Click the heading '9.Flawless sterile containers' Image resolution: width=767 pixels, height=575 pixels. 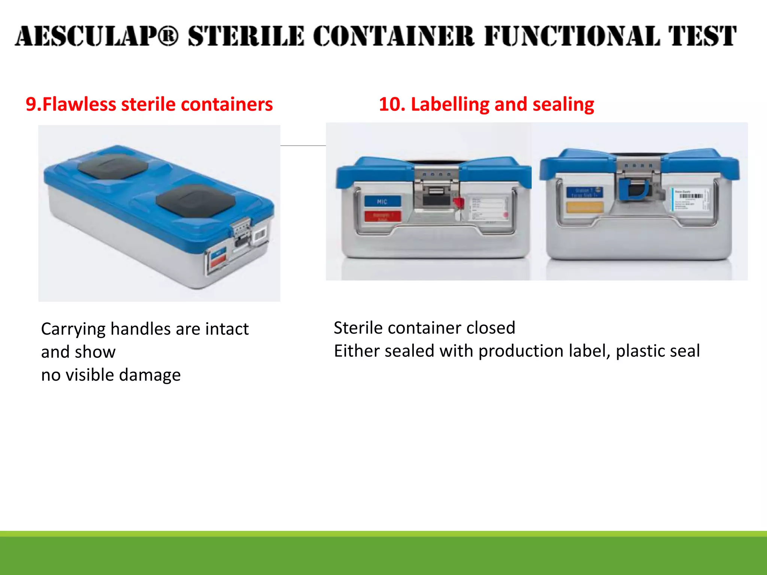click(149, 104)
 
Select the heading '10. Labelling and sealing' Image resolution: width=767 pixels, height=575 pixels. click(486, 104)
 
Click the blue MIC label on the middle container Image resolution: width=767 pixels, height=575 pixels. click(382, 201)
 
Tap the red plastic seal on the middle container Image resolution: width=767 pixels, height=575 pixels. click(458, 204)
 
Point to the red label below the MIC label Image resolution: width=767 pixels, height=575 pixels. click(382, 216)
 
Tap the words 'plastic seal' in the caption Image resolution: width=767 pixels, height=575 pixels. click(658, 351)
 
